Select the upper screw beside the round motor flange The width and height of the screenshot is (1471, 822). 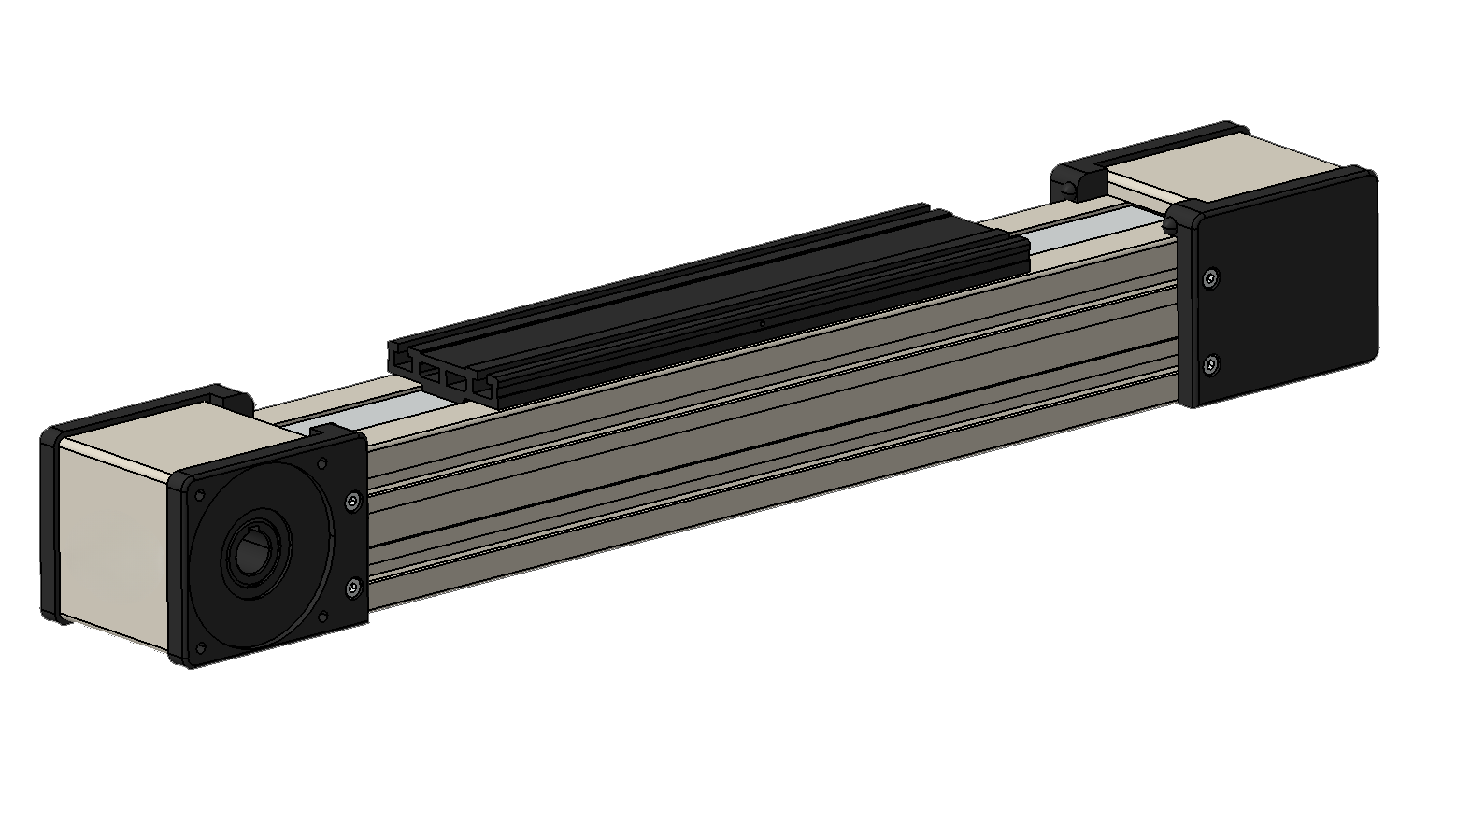352,502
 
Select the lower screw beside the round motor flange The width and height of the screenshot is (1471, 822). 353,588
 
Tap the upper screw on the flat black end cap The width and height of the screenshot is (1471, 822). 1211,277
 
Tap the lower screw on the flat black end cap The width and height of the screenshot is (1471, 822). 1211,363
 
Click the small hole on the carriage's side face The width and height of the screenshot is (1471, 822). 762,324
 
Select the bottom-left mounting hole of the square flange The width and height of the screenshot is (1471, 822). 201,648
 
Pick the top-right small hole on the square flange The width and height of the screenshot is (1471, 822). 321,463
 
